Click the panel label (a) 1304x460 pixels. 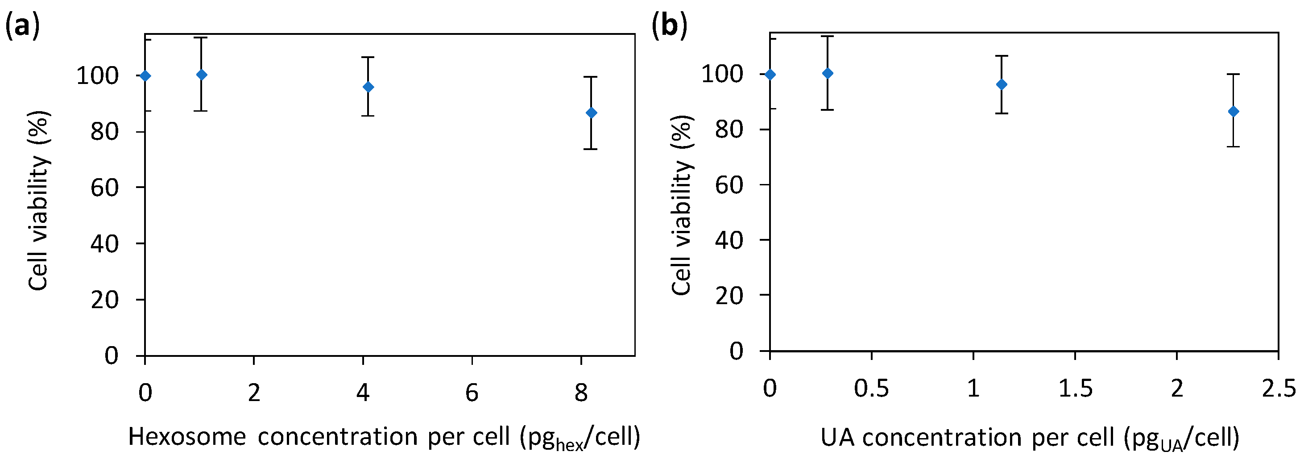point(22,26)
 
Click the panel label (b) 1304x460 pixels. point(669,26)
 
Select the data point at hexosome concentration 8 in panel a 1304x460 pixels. point(591,113)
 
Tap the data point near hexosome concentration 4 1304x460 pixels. point(368,87)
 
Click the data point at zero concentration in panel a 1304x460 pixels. point(145,76)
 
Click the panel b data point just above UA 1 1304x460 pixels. point(1001,84)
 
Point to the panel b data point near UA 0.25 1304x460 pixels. point(828,73)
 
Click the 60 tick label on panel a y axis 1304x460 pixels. point(104,188)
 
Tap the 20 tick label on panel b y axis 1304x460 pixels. point(729,295)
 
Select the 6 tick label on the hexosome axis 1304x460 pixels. point(472,393)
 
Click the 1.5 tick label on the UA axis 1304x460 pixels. point(1075,389)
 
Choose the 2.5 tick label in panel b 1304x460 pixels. point(1279,389)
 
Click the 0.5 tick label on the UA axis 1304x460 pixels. point(871,389)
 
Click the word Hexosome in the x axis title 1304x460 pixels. point(187,437)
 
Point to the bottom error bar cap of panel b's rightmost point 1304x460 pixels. point(1233,147)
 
